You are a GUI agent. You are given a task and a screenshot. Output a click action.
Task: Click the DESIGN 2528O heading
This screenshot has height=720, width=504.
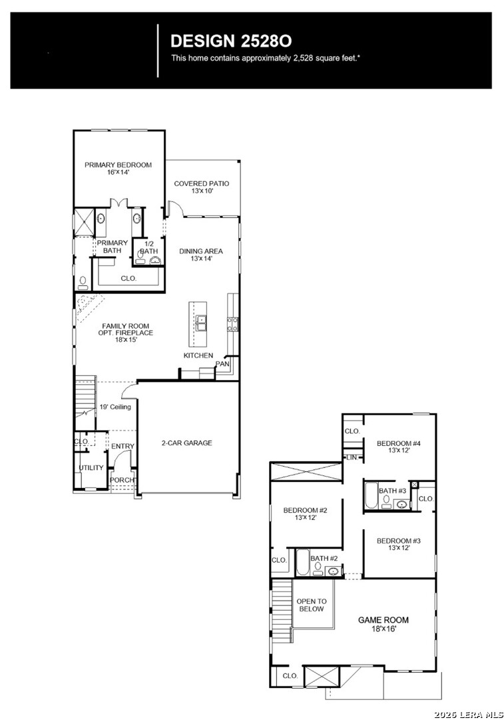point(231,41)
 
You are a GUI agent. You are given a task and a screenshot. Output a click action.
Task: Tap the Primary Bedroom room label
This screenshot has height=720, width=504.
point(118,169)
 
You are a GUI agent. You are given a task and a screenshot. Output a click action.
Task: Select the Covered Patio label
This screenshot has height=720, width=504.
point(202,187)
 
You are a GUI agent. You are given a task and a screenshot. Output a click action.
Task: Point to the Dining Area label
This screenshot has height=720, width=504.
point(201,255)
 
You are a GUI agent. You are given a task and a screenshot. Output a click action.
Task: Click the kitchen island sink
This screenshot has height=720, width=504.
point(200,323)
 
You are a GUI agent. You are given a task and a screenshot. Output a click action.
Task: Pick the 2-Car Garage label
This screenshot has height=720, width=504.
point(186,443)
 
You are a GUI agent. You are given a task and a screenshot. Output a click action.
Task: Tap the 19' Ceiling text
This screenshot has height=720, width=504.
point(115,407)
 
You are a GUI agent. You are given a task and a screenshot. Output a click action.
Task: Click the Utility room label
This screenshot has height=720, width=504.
point(91,467)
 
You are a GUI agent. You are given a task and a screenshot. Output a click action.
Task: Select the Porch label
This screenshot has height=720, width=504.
point(123,480)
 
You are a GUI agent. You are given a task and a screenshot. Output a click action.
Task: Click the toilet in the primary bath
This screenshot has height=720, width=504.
point(83,283)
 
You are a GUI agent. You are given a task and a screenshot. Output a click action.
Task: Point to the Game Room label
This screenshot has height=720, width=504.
point(383,624)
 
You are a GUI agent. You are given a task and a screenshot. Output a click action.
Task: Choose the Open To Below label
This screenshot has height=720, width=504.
point(312,605)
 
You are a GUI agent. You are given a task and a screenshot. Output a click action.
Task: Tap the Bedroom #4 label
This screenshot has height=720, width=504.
point(399,447)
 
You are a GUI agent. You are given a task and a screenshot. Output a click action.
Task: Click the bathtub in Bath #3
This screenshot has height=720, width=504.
point(371,495)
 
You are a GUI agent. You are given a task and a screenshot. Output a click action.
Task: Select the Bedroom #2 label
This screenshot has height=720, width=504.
point(305,513)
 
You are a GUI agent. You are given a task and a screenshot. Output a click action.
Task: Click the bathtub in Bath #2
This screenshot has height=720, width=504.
point(302,563)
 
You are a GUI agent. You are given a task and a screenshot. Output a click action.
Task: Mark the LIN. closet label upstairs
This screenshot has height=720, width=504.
point(352,458)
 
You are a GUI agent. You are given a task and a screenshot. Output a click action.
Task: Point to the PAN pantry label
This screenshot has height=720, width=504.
point(222,364)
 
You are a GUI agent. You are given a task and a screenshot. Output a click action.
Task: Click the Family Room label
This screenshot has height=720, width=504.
point(126,333)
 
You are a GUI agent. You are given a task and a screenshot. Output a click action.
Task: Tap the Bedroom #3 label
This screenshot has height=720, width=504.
point(399,544)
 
